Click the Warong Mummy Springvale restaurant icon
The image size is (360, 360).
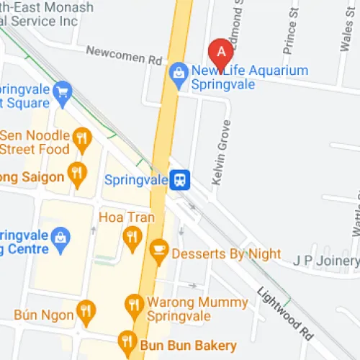click(132, 305)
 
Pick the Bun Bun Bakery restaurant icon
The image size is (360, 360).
click(127, 340)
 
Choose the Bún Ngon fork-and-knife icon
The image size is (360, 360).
click(86, 310)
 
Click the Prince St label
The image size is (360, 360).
click(292, 32)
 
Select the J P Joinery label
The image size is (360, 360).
click(325, 260)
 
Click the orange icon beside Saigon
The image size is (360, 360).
click(76, 172)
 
